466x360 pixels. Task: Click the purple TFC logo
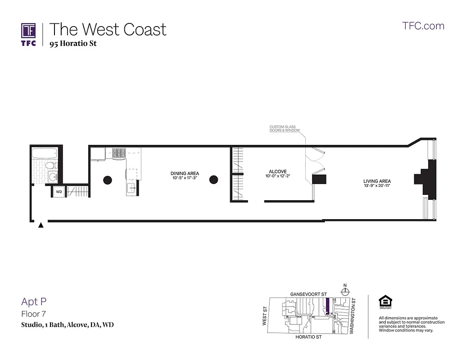(x=28, y=31)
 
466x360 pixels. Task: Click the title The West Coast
(x=108, y=29)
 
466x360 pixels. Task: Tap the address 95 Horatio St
(x=72, y=44)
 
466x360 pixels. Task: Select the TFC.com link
(x=423, y=26)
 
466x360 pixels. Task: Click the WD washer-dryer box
(x=59, y=192)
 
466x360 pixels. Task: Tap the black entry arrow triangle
(x=41, y=225)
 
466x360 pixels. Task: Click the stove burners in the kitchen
(x=119, y=153)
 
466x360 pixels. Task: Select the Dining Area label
(x=185, y=174)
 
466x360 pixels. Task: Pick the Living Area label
(x=377, y=181)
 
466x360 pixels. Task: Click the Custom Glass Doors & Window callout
(x=282, y=129)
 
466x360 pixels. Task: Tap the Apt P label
(x=34, y=301)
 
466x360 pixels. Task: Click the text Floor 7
(x=33, y=314)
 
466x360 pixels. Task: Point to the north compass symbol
(x=345, y=290)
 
